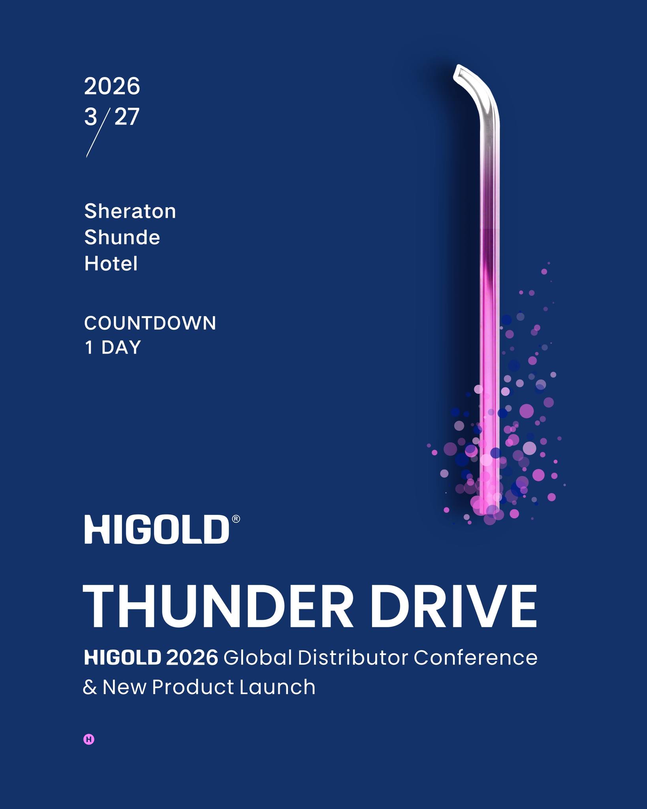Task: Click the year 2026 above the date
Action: [112, 86]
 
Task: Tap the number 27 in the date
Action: [127, 117]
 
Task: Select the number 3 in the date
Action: [90, 117]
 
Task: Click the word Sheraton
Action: [130, 211]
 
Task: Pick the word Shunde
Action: [122, 237]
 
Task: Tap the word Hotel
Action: [111, 263]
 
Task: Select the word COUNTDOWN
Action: [150, 323]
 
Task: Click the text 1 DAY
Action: [113, 348]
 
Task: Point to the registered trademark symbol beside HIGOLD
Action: [236, 519]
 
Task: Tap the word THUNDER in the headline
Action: [218, 606]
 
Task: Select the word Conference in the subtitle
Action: [476, 658]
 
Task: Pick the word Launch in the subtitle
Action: [277, 687]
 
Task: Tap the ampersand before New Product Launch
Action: [90, 687]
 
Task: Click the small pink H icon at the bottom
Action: [89, 739]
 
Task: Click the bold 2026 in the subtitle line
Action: [192, 658]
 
